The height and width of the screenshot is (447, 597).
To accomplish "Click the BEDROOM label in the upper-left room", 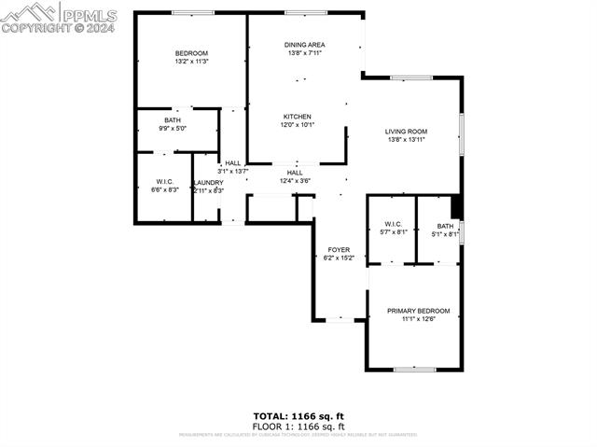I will point(191,53).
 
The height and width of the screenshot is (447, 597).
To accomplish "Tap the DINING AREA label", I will point(304,45).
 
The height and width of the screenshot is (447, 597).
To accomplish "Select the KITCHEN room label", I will point(298,117).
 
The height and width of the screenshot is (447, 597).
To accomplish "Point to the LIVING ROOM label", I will point(406,132).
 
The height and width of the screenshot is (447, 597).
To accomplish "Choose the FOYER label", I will point(338,249).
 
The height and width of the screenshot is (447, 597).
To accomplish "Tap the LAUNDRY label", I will point(208,183).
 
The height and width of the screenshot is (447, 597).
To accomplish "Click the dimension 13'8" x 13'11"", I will point(406,140).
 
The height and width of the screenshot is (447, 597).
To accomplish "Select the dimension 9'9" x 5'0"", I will point(174,128).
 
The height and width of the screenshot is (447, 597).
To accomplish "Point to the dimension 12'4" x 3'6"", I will point(295,180).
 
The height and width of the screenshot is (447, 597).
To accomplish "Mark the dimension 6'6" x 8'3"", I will point(164,189).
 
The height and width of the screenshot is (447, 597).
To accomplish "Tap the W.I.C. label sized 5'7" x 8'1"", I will point(393,225).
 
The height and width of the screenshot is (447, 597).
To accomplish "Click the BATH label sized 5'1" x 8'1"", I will point(445,226).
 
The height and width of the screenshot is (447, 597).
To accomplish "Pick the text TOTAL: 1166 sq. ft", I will point(298,415).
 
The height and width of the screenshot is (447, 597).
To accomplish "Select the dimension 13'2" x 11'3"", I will point(191,62).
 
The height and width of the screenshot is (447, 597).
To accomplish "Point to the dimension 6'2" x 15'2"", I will point(338,258).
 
